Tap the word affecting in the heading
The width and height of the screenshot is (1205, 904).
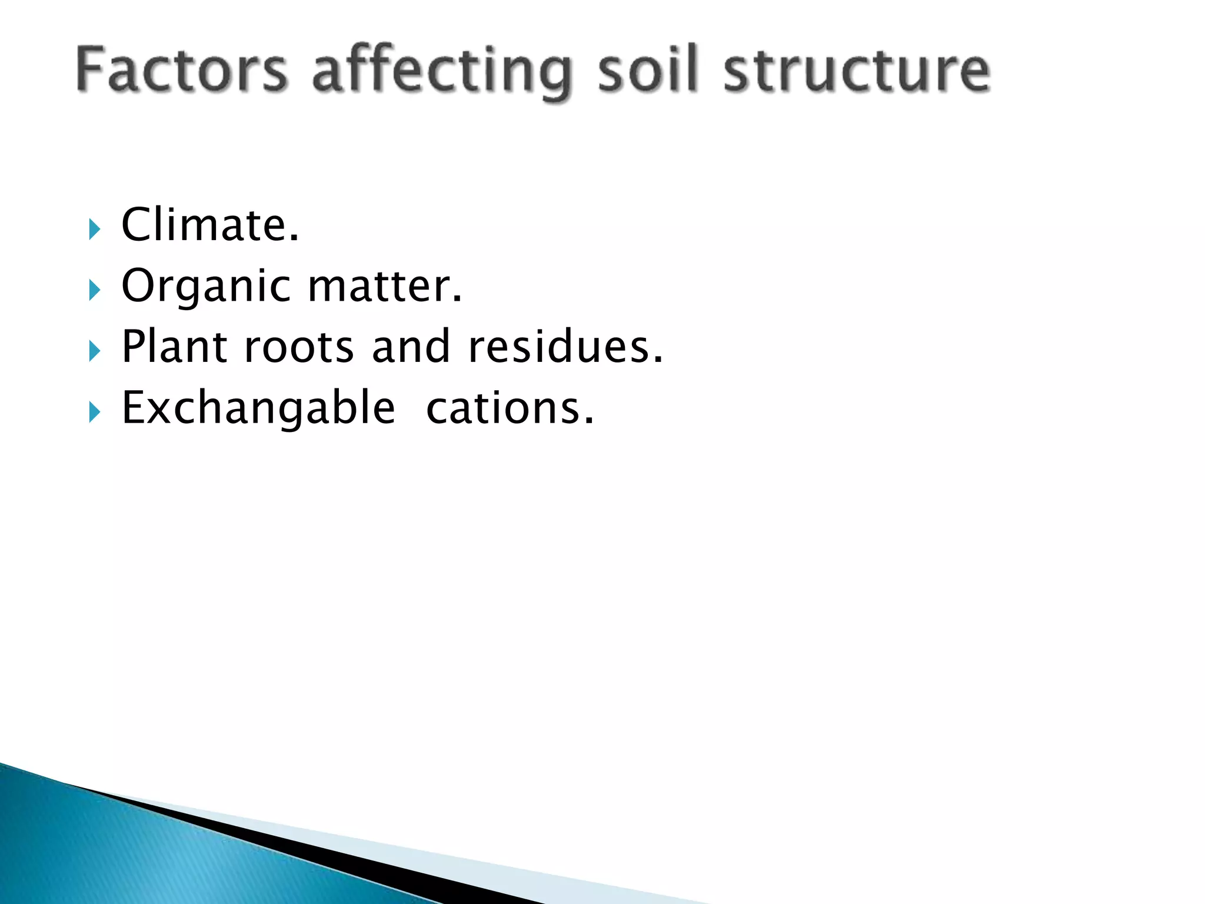442,74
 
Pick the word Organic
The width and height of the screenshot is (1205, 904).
206,287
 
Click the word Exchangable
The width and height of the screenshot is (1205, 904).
258,407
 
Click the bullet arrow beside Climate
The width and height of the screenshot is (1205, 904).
94,229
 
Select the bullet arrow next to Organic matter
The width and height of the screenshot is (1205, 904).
94,290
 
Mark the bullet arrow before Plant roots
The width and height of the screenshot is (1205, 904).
94,351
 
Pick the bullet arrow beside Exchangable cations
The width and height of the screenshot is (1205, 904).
94,413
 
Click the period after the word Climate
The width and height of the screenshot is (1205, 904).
294,238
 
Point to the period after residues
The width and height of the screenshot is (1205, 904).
658,359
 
